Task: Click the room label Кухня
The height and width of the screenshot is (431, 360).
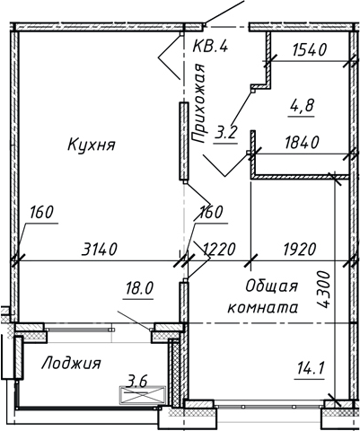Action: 92,145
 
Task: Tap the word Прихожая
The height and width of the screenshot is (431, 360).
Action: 198,103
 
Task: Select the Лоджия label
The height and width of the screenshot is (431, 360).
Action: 71,363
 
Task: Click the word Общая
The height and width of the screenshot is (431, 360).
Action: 271,287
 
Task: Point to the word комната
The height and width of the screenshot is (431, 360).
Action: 263,308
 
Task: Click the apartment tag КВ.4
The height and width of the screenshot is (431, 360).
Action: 210,47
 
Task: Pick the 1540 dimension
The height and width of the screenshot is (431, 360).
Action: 309,50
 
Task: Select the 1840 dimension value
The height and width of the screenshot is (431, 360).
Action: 302,142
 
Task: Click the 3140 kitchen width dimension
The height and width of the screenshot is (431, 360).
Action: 99,250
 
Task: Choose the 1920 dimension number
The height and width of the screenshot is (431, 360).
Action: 300,250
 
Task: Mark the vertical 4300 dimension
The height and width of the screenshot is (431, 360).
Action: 323,290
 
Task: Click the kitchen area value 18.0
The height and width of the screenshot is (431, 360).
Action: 139,289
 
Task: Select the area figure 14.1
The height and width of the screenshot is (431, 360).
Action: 311,368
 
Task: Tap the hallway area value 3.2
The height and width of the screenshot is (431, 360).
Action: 225,132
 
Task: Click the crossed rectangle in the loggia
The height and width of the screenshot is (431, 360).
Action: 143,395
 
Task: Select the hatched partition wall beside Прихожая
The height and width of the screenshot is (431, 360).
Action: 184,141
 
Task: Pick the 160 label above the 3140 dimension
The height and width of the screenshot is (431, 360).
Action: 41,212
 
